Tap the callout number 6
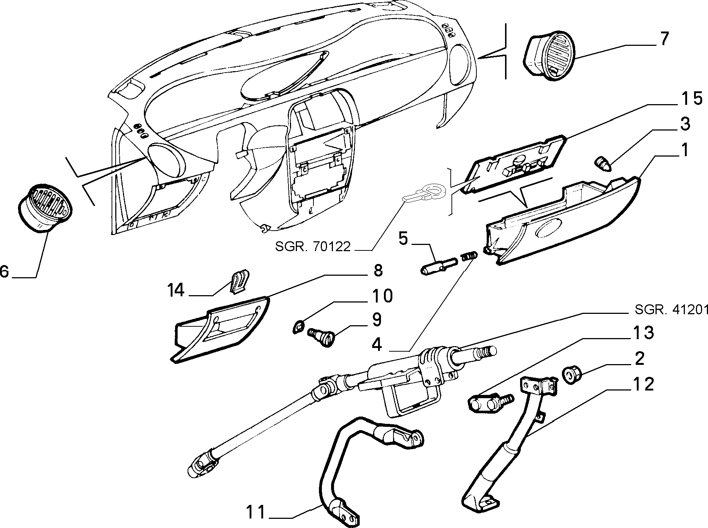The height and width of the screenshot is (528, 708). tap(4, 272)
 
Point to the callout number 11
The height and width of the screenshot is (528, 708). tap(255, 513)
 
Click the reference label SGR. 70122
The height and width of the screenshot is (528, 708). tap(313, 246)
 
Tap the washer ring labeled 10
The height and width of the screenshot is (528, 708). tap(299, 326)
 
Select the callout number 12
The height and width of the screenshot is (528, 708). tap(642, 385)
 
